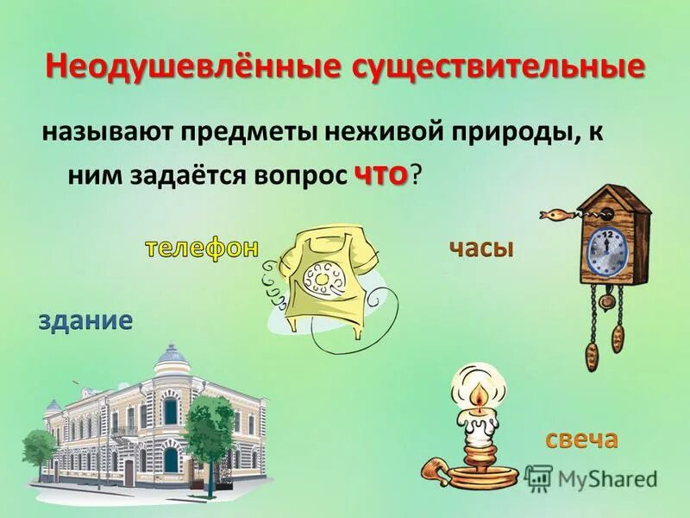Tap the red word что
[x=379, y=174]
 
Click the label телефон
[x=201, y=248]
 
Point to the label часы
[x=480, y=249]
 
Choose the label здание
[x=85, y=321]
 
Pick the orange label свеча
[x=580, y=439]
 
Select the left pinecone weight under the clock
[x=592, y=351]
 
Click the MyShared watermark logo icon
[x=538, y=477]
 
